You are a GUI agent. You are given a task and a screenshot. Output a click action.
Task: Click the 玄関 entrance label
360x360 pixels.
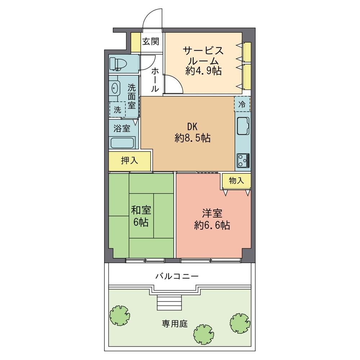pos(150,41)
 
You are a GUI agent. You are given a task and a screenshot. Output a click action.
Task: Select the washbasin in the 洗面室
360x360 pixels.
pos(116,87)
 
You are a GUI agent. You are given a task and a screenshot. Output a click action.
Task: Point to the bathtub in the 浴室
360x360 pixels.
pos(122,143)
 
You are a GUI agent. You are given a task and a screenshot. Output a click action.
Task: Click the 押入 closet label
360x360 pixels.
pos(129,161)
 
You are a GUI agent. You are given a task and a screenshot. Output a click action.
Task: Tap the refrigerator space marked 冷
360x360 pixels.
pos(242,104)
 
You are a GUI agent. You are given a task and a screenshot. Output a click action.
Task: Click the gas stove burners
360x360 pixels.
pos(243,160)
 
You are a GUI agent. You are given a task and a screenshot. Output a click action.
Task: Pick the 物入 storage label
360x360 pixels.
pos(236,181)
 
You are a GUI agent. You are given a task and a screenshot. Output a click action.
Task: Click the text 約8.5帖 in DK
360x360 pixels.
pos(192,138)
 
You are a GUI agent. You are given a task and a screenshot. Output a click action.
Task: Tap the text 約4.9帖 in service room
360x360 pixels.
pos(203,71)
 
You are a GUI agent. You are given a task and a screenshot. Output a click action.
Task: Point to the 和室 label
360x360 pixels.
pos(141,210)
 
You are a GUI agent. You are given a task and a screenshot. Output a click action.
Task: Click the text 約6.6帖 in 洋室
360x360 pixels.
pos(212,225)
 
